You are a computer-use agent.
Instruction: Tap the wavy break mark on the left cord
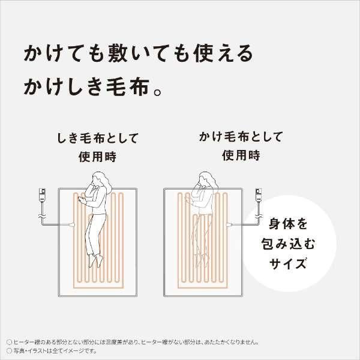click(43, 213)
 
